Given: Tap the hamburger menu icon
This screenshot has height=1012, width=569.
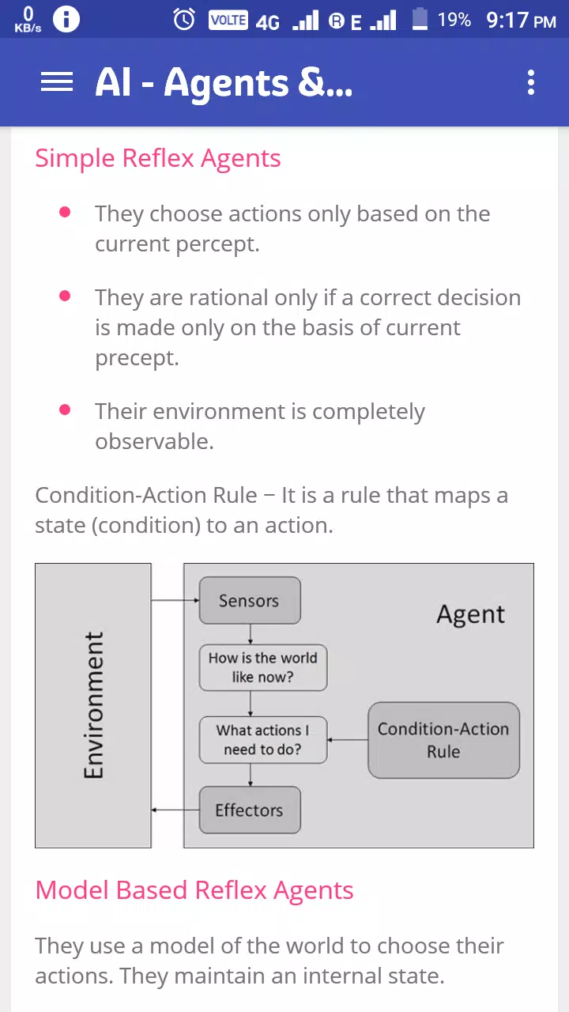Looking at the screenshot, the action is tap(57, 81).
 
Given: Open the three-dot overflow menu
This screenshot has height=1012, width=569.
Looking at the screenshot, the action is tap(531, 82).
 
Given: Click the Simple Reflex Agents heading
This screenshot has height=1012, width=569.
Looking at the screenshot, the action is tap(158, 159).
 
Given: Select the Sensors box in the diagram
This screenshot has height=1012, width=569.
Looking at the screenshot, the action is tap(250, 600).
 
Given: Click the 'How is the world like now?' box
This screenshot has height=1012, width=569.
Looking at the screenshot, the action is tap(263, 667).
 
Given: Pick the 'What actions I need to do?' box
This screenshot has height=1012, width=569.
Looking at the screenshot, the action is tap(263, 739).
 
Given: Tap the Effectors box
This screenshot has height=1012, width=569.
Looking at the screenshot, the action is tap(250, 810).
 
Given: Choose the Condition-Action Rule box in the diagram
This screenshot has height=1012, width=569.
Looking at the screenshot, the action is tap(443, 740).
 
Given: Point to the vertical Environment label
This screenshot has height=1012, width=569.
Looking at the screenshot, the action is tap(93, 704).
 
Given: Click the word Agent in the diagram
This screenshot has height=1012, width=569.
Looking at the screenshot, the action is tap(470, 615).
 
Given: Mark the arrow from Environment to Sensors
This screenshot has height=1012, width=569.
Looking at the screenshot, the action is tap(175, 600).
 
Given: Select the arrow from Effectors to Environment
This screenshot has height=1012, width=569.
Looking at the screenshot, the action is tap(175, 810).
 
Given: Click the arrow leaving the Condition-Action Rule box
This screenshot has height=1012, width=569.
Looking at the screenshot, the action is tap(348, 740).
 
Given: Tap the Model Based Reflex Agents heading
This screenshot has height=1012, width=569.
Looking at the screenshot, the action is tap(194, 890).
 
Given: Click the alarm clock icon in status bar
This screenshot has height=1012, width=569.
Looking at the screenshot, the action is tap(184, 20).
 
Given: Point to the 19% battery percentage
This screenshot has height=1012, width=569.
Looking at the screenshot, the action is tap(454, 20).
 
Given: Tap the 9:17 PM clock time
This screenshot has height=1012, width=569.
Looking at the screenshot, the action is tap(521, 21).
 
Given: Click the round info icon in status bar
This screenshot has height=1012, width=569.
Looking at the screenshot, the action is tap(66, 20).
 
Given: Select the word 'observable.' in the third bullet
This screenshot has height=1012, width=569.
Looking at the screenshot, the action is tap(154, 441).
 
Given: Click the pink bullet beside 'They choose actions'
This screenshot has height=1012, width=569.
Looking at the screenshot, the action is tap(65, 212).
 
